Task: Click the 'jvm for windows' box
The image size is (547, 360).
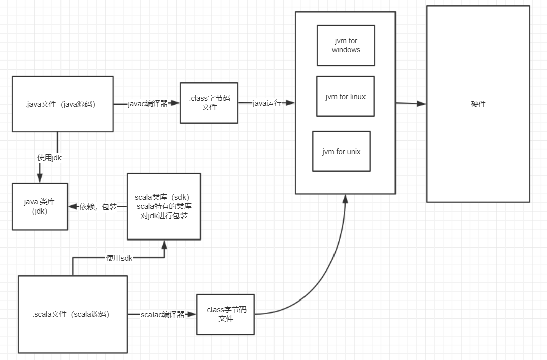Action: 346,45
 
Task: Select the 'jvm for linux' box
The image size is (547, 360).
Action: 345,97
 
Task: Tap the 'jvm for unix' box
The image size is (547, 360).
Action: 341,151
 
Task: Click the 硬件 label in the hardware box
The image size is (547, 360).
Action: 478,104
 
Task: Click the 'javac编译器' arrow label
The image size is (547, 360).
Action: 148,103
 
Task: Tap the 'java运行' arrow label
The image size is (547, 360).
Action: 267,103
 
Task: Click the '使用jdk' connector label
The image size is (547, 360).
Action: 50,158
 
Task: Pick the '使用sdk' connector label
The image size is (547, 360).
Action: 119,258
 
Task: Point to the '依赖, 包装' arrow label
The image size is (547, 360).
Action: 99,207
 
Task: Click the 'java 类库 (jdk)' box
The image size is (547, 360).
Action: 40,206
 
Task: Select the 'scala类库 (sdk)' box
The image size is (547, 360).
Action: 163,206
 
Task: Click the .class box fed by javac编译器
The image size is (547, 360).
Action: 209,103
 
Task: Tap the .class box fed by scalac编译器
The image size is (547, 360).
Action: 225,314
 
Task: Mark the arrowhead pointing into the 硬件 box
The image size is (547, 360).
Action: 421,104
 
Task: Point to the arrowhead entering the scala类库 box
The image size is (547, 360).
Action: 164,244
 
